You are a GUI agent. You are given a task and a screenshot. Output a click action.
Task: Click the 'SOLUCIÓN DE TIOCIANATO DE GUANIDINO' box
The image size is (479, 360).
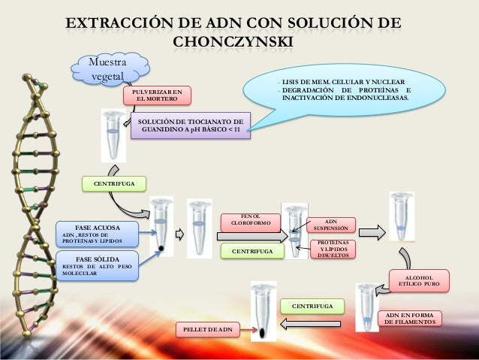[189, 126]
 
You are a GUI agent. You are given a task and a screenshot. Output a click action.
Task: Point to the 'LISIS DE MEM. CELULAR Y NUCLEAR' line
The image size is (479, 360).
[342, 81]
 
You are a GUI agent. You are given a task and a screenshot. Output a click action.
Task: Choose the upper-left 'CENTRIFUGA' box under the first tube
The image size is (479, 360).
[109, 183]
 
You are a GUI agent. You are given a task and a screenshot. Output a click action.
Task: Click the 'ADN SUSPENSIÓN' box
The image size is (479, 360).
[330, 225]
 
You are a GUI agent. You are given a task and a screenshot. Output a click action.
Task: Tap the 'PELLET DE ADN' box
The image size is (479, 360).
[208, 330]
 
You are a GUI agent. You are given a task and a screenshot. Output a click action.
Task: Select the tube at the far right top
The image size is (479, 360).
[400, 210]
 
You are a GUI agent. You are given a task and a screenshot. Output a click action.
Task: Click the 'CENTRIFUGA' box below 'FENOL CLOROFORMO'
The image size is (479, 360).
[252, 251]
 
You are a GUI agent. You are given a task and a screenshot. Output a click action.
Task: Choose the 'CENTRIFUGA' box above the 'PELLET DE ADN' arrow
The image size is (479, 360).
[312, 306]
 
